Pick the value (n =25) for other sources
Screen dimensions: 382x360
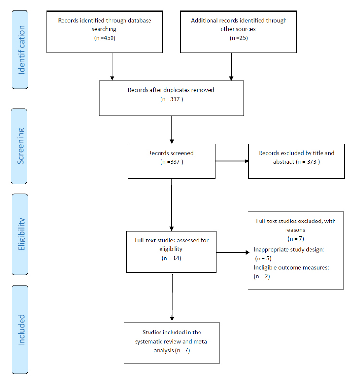pos(238,37)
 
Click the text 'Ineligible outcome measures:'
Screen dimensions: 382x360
pos(291,267)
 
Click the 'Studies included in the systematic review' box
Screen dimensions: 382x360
pos(171,342)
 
